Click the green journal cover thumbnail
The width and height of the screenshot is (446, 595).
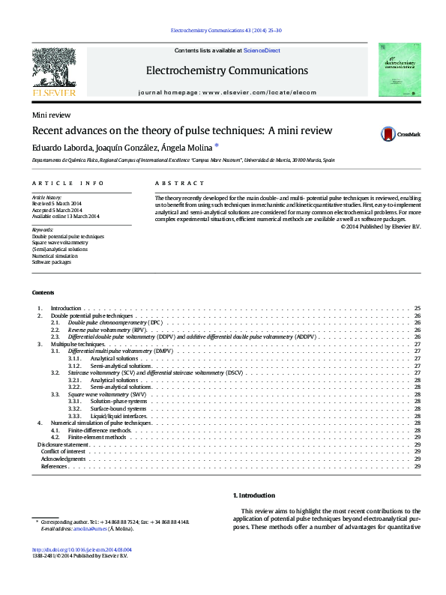(x=399, y=70)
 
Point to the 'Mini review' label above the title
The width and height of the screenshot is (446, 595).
(x=46, y=115)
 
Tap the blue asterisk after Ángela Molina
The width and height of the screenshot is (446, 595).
(x=217, y=146)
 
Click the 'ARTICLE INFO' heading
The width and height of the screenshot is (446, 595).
(x=68, y=183)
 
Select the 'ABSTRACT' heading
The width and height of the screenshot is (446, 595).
(x=179, y=183)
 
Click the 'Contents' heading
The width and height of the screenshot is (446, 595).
(x=43, y=292)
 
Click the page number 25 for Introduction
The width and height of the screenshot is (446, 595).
(x=417, y=309)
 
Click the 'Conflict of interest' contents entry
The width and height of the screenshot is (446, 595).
(x=63, y=451)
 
